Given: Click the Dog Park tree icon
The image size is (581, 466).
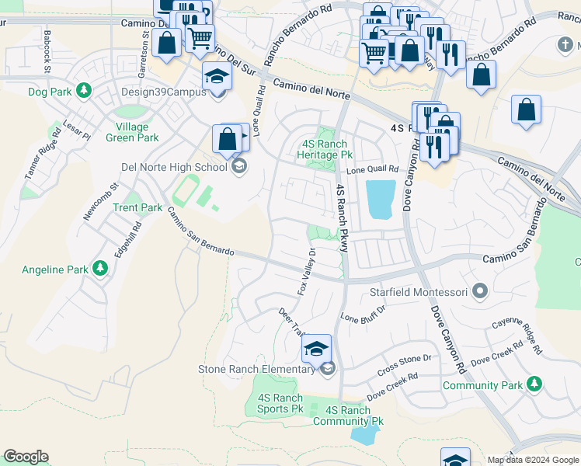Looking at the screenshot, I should (x=83, y=91).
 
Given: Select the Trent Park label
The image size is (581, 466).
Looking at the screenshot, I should (x=137, y=207).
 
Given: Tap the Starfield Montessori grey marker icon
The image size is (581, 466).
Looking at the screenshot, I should (x=480, y=292).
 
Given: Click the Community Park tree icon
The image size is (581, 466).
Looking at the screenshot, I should (x=533, y=384).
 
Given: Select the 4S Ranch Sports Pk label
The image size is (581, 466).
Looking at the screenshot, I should (x=280, y=403).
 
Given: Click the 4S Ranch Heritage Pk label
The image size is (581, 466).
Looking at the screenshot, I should (x=327, y=149).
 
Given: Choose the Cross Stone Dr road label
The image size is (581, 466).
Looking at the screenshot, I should (x=404, y=362).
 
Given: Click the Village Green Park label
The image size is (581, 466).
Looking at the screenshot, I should (x=137, y=132).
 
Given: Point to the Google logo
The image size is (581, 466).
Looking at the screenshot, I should (x=26, y=457).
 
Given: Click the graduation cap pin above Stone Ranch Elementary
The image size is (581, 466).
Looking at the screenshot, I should (x=316, y=348).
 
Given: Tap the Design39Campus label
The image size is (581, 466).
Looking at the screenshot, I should (x=164, y=92).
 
